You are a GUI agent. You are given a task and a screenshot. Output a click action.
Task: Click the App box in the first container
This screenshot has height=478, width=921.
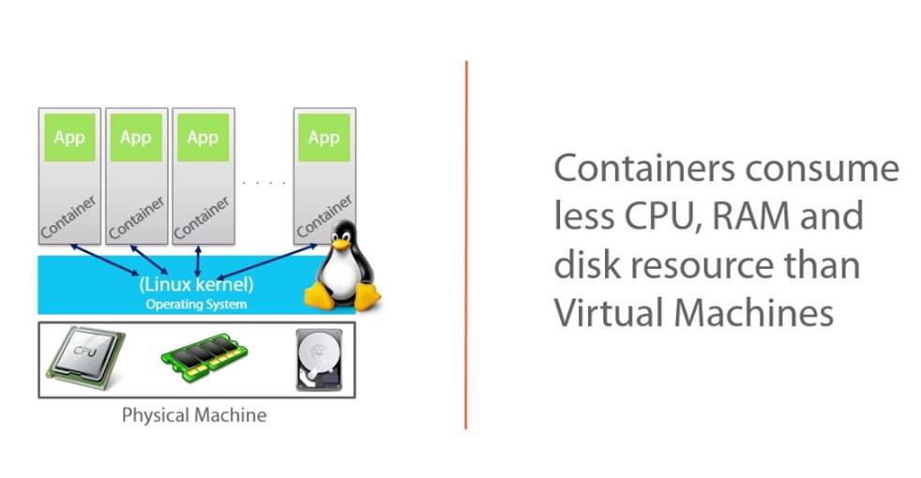click(68, 138)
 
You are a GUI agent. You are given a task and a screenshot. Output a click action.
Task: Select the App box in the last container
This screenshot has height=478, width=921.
click(324, 138)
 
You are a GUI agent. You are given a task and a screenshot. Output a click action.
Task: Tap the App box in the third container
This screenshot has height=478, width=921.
click(203, 138)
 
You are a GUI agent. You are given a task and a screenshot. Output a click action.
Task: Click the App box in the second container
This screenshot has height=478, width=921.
click(136, 138)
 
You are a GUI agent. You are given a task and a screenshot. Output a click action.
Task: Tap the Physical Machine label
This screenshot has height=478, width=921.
click(194, 414)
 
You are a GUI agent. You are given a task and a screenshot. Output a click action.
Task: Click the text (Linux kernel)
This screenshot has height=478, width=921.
click(196, 283)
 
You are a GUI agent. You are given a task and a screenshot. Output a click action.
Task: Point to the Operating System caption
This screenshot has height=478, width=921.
click(196, 304)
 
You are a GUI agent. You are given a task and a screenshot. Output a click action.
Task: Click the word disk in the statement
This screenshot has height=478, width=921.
click(584, 264)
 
